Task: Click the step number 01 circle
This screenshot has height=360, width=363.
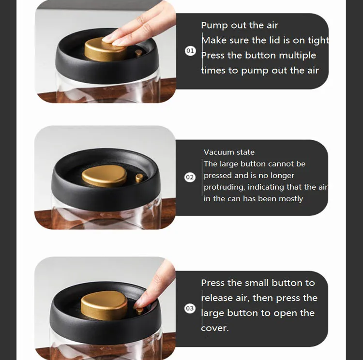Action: tap(190, 51)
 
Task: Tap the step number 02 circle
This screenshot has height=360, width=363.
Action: tap(190, 177)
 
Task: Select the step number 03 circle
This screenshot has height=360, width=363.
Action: tap(190, 308)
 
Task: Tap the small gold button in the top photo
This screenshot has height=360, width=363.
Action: tap(139, 53)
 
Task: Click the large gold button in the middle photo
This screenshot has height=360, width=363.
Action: tap(105, 176)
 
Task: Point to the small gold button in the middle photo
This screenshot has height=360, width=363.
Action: tap(139, 178)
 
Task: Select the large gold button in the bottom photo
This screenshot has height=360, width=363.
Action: tap(104, 306)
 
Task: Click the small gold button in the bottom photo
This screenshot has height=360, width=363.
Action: tap(139, 311)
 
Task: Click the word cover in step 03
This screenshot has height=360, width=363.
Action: tap(213, 328)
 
